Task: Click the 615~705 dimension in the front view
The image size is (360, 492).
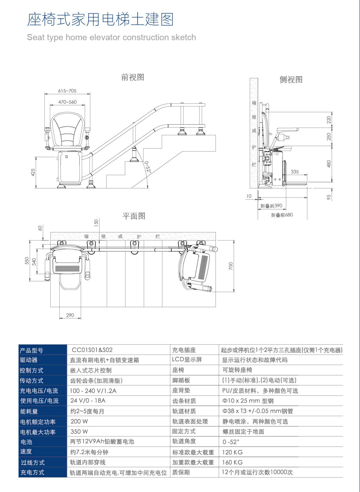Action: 67,91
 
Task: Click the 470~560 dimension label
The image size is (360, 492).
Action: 67,102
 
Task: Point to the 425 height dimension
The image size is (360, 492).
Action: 33,172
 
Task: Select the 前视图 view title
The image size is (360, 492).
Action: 132,77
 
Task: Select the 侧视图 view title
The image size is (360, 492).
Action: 291,80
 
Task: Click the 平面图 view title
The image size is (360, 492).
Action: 134,216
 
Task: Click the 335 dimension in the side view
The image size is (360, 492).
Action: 294,171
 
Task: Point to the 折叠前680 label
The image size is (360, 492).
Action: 282,215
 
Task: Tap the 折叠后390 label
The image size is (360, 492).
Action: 271,206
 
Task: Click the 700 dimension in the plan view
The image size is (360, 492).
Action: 231,266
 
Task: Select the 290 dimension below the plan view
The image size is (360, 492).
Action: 70,315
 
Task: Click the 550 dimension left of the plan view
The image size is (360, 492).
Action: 27,261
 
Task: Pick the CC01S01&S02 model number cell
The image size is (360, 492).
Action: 92,350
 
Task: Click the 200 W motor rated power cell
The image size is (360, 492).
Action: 79,421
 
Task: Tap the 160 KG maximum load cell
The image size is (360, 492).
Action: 232,462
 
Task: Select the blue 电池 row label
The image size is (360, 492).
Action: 26,442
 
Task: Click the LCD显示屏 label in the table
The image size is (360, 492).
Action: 187,359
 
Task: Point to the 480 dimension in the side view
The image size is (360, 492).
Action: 329,164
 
